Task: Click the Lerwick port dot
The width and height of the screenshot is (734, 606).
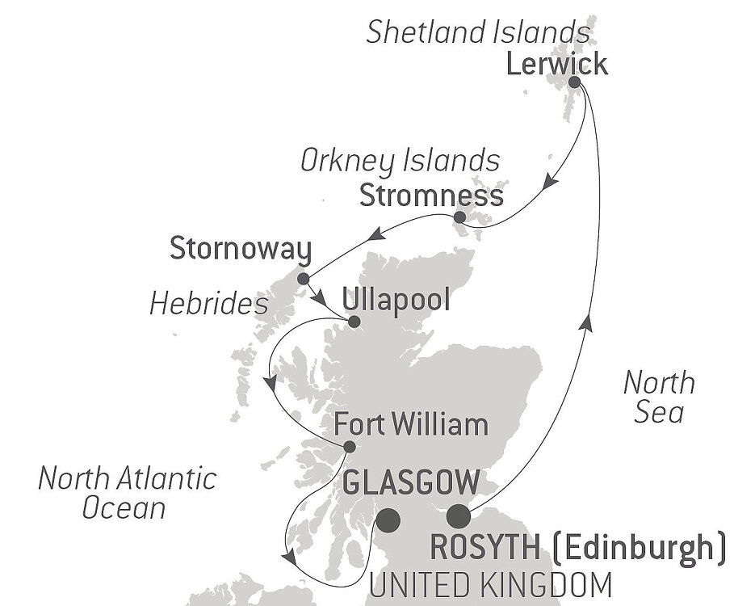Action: coord(575,82)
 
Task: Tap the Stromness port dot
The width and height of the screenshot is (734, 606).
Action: coord(459,217)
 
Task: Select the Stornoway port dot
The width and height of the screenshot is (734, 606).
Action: coord(304,279)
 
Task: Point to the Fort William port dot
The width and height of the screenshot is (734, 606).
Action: coord(349,446)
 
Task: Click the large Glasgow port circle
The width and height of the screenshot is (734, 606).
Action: coord(389,520)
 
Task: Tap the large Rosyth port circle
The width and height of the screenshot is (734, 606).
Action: coord(459,515)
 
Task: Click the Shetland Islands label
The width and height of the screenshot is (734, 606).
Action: coord(477,32)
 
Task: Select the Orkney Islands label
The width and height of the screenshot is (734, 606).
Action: coord(399,160)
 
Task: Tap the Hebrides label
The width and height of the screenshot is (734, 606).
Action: coord(208,304)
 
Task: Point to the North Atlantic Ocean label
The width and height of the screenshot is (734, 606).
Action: coord(128,492)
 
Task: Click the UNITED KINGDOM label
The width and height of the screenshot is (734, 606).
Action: coord(490,583)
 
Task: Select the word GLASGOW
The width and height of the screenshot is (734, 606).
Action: coord(411,484)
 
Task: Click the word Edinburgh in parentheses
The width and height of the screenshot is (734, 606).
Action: coord(638,547)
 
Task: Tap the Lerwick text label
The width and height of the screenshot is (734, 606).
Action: coord(556,65)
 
